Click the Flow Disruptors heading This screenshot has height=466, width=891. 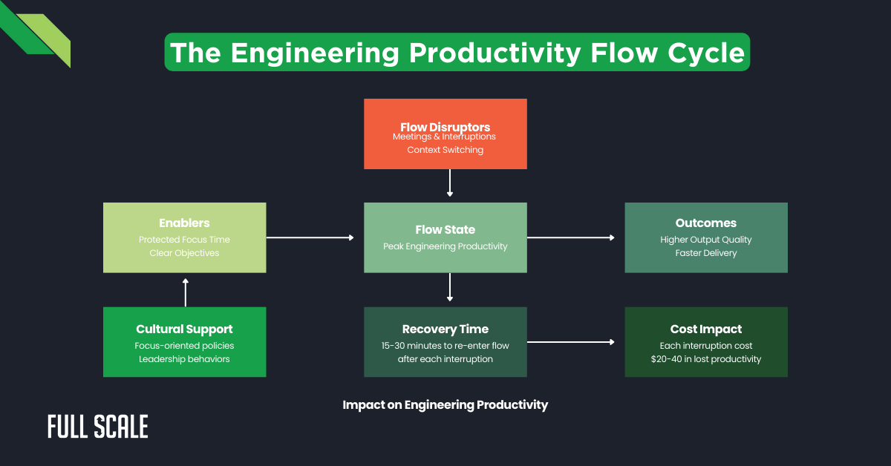pyautogui.click(x=445, y=127)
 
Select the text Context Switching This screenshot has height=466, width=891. pyautogui.click(x=445, y=150)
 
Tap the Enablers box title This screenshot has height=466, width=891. pyautogui.click(x=184, y=223)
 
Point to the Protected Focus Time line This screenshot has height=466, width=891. pyautogui.click(x=184, y=240)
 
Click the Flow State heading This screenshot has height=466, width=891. pyautogui.click(x=445, y=229)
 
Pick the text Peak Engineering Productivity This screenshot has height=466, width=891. pyautogui.click(x=445, y=246)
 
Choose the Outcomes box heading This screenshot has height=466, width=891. pyautogui.click(x=705, y=223)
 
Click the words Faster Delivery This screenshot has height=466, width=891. pyautogui.click(x=705, y=253)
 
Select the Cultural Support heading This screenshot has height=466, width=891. pyautogui.click(x=184, y=329)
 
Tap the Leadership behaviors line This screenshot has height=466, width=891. pyautogui.click(x=184, y=359)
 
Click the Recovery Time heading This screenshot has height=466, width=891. pyautogui.click(x=445, y=329)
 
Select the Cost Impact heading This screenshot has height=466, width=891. pyautogui.click(x=705, y=329)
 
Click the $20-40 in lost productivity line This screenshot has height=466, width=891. pyautogui.click(x=705, y=359)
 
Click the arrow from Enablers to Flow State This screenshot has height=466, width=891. pyautogui.click(x=310, y=237)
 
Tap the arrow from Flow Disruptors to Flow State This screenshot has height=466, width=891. pyautogui.click(x=449, y=183)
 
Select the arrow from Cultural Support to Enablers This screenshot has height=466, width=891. pyautogui.click(x=185, y=292)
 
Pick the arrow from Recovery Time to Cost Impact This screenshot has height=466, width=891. pyautogui.click(x=570, y=342)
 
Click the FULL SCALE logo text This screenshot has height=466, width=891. pyautogui.click(x=98, y=427)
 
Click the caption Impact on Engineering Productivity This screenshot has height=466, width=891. pyautogui.click(x=445, y=405)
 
